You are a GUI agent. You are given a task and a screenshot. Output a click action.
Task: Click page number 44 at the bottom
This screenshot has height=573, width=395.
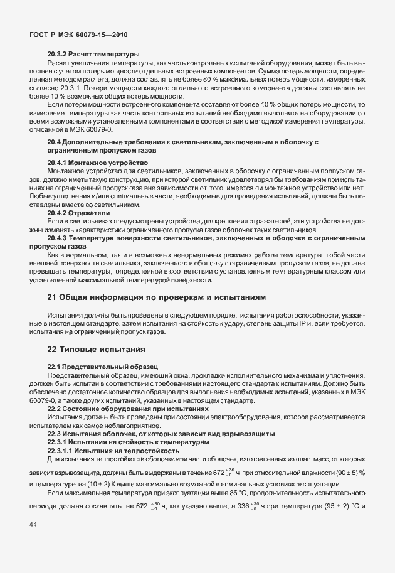pos(33,542)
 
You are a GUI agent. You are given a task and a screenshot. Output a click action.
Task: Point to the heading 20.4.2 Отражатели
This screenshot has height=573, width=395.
pos(78,213)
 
